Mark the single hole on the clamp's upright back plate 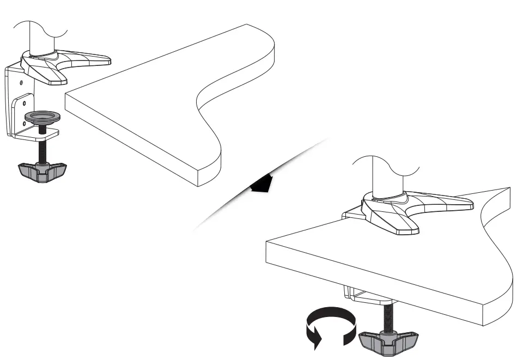point(20,82)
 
